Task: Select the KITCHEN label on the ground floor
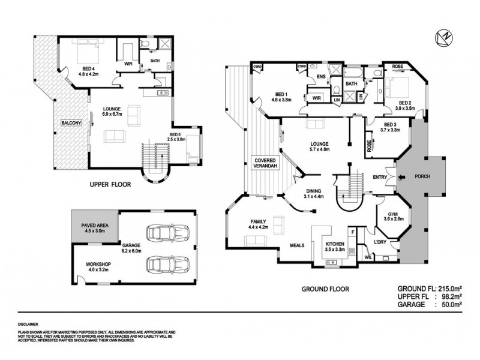pos(334,244)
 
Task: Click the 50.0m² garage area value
pos(457,305)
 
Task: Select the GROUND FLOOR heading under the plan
pos(325,289)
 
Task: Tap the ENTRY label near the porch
pos(379,177)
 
